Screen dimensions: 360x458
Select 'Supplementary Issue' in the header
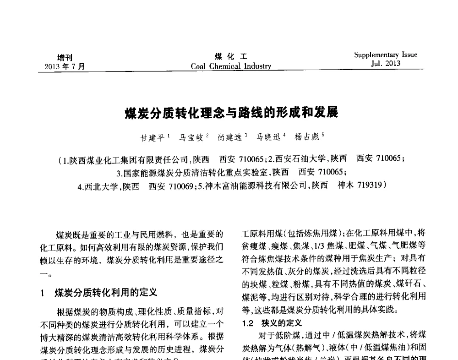pyautogui.click(x=386, y=55)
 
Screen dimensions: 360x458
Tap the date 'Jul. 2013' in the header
pyautogui.click(x=385, y=64)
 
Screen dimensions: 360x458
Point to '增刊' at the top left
pyautogui.click(x=65, y=57)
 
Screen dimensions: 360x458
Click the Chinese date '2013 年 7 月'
pyautogui.click(x=65, y=66)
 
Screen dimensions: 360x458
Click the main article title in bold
pyautogui.click(x=231, y=112)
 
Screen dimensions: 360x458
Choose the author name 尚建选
pyautogui.click(x=230, y=136)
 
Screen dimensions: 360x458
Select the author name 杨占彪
pyautogui.click(x=307, y=136)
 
